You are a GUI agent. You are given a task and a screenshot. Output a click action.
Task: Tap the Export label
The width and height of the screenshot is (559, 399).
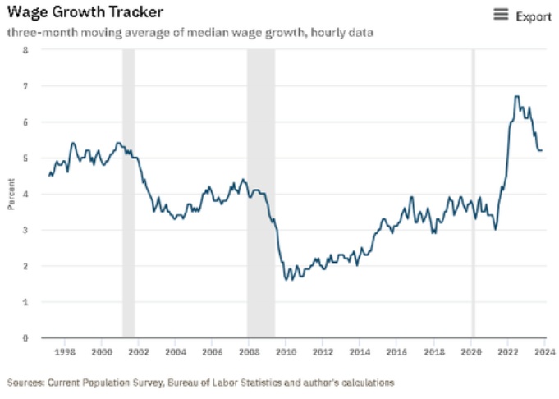(533, 16)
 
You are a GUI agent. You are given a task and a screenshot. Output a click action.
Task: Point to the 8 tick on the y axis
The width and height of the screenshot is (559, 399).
(25, 50)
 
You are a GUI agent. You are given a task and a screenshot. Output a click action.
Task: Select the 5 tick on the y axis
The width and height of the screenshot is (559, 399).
(25, 158)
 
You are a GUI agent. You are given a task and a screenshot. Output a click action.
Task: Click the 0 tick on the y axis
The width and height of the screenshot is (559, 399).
(25, 337)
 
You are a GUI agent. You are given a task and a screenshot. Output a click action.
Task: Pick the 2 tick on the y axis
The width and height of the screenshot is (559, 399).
(25, 266)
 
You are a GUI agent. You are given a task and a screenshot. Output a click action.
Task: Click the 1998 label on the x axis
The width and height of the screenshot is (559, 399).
(65, 351)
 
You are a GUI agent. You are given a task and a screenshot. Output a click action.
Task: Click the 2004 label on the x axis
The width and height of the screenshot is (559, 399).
(176, 351)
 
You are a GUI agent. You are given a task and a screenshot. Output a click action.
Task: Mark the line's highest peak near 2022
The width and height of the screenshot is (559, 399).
(516, 97)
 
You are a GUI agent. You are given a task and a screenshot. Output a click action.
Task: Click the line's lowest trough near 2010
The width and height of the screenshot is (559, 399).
(286, 280)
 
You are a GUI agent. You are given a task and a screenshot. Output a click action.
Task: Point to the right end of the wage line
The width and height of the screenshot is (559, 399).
(542, 150)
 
